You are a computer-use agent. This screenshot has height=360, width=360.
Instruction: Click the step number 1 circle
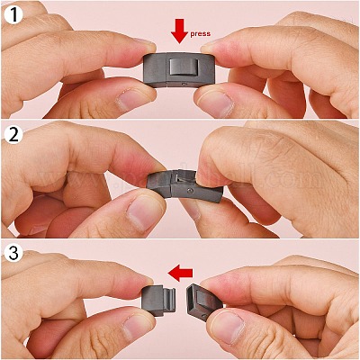pyautogui.click(x=13, y=14)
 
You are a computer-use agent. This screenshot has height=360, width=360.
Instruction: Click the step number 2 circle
pyautogui.click(x=13, y=134)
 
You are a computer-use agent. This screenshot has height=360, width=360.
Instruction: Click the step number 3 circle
pyautogui.click(x=13, y=254)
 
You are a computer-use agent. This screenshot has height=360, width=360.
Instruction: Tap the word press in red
pyautogui.click(x=201, y=33)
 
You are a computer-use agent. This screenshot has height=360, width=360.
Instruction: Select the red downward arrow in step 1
pyautogui.click(x=180, y=31)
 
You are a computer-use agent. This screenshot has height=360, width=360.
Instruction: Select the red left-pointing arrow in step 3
pyautogui.click(x=180, y=273)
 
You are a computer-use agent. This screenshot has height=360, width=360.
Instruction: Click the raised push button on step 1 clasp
pyautogui.click(x=180, y=67)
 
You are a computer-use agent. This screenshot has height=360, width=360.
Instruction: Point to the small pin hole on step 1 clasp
pyautogui.click(x=183, y=85)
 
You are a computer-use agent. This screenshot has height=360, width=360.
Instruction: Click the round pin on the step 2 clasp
pyautogui.click(x=188, y=190)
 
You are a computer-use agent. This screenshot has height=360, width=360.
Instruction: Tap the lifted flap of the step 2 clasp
pyautogui.click(x=183, y=176)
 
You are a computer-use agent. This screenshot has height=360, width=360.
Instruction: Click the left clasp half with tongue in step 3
pyautogui.click(x=158, y=301)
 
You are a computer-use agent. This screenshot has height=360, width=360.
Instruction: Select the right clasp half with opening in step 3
pyautogui.click(x=204, y=301)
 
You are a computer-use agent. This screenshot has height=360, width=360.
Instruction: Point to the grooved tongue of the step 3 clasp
pyautogui.click(x=170, y=300)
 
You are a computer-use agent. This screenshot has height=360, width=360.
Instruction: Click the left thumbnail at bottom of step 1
pyautogui.click(x=130, y=99)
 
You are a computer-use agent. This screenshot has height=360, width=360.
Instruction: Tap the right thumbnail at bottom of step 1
pyautogui.click(x=217, y=103)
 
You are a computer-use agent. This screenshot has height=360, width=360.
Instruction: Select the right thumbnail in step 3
pyautogui.click(x=228, y=329)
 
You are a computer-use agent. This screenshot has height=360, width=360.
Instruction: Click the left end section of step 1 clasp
pyautogui.click(x=155, y=70)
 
